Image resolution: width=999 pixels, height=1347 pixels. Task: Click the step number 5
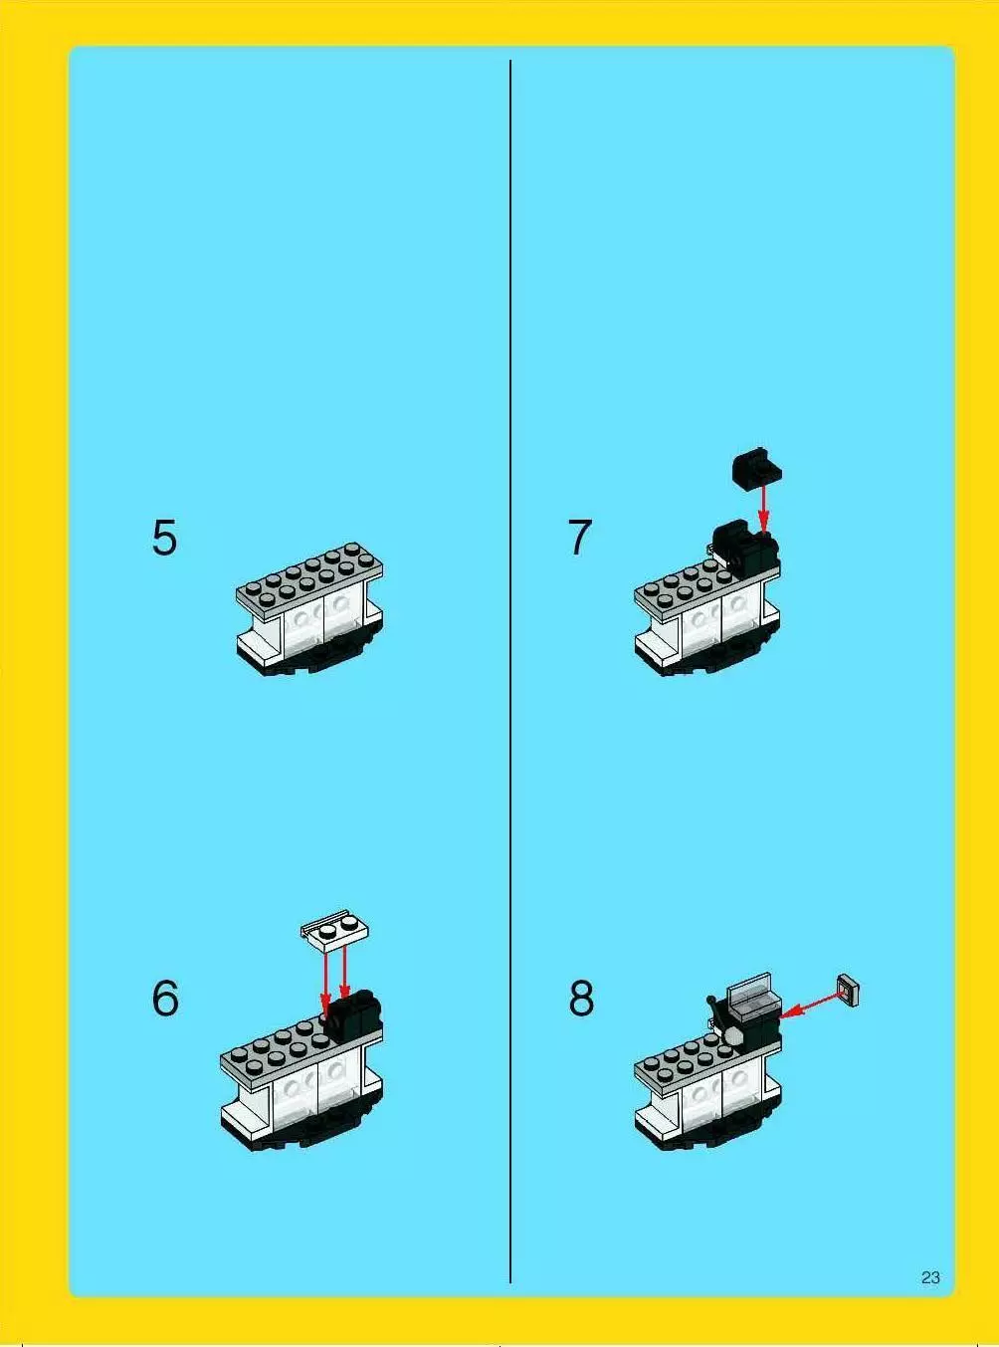pyautogui.click(x=165, y=538)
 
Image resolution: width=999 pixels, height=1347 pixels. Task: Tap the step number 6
pyautogui.click(x=165, y=999)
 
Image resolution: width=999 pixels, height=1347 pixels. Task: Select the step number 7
pyautogui.click(x=579, y=538)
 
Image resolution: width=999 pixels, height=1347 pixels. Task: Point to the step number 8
pyautogui.click(x=581, y=999)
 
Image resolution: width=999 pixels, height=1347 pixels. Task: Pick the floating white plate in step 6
pyautogui.click(x=335, y=932)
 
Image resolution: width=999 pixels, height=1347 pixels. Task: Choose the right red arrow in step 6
pyautogui.click(x=344, y=973)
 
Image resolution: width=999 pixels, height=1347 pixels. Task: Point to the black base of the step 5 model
pyautogui.click(x=310, y=659)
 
